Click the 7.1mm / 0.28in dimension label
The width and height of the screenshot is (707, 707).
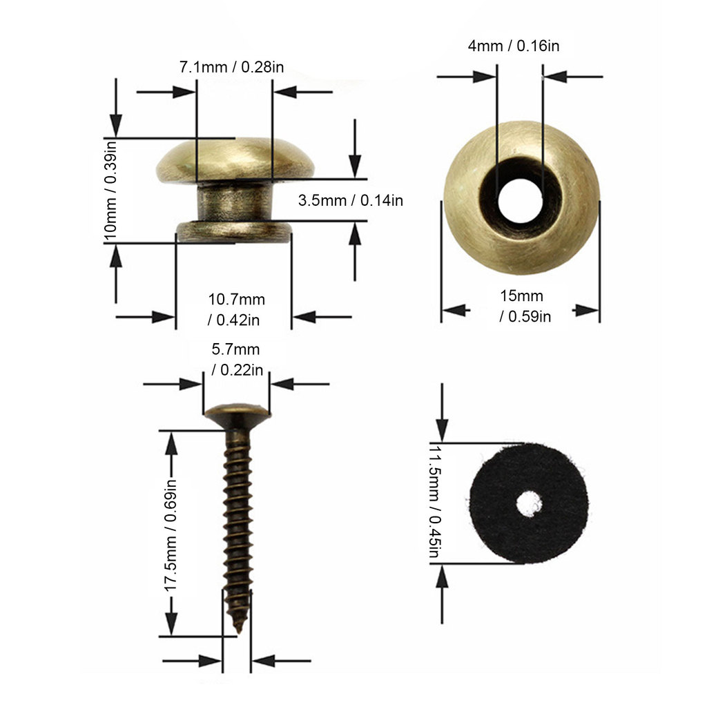tap(232, 67)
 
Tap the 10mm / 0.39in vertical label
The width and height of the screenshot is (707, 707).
tap(110, 190)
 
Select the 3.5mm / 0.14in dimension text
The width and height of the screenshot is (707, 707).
tap(350, 200)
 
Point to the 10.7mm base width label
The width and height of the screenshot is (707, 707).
tap(236, 310)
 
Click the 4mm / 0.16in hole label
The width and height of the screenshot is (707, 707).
tap(514, 46)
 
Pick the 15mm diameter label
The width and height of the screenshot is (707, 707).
tap(525, 306)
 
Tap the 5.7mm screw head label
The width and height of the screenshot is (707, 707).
tap(238, 359)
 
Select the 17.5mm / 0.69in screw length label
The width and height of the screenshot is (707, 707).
tap(170, 535)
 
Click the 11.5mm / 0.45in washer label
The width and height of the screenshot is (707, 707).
tap(434, 501)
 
